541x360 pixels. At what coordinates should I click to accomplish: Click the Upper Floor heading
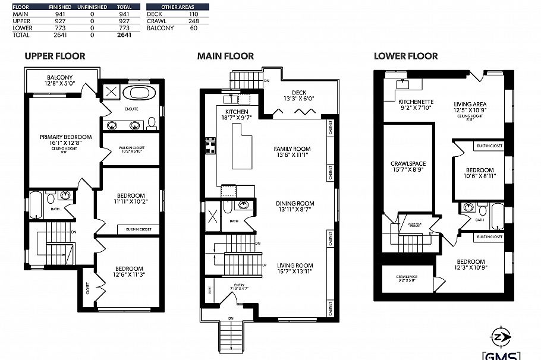[55, 56]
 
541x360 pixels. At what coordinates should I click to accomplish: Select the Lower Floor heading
[405, 56]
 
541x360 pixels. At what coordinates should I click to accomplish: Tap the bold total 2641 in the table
[125, 35]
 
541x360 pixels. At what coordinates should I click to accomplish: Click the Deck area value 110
[193, 13]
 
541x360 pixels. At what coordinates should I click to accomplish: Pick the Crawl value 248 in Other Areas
[193, 21]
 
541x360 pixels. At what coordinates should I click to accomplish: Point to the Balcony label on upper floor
[59, 78]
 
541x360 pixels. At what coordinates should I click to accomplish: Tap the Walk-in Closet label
[130, 148]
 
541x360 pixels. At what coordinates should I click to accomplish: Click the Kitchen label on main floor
[236, 112]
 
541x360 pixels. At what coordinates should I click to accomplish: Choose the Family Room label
[292, 149]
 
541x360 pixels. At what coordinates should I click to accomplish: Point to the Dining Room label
[295, 204]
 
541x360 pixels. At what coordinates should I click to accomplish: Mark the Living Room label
[295, 266]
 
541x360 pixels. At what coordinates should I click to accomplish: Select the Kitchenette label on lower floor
[416, 102]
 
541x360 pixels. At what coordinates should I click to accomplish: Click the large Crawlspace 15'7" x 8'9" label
[408, 163]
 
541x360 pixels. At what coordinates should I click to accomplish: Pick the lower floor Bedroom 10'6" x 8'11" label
[479, 170]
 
